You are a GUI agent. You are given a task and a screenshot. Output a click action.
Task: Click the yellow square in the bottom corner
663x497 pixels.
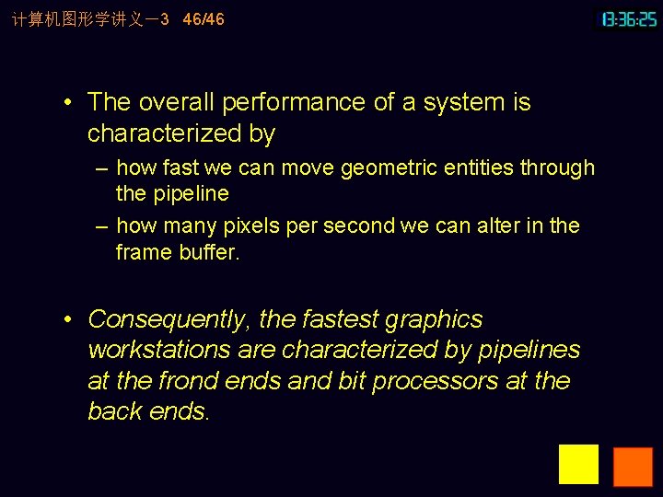(x=578, y=465)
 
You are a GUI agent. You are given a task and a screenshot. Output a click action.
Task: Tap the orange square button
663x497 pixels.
(x=633, y=467)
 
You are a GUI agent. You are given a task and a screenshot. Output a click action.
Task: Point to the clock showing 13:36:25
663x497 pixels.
(x=629, y=18)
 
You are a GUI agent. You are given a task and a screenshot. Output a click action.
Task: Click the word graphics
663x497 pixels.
(x=434, y=319)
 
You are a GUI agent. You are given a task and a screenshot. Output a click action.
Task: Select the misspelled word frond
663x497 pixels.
(x=187, y=381)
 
